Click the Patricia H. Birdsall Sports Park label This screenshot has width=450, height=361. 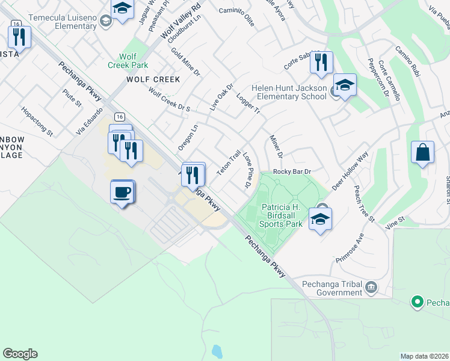pyautogui.click(x=281, y=215)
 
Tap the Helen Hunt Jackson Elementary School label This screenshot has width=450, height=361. pyautogui.click(x=289, y=92)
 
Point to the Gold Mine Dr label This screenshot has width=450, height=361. pyautogui.click(x=185, y=61)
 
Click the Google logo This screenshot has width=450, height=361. pyautogui.click(x=20, y=354)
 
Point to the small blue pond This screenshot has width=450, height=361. pyautogui.click(x=217, y=350)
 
